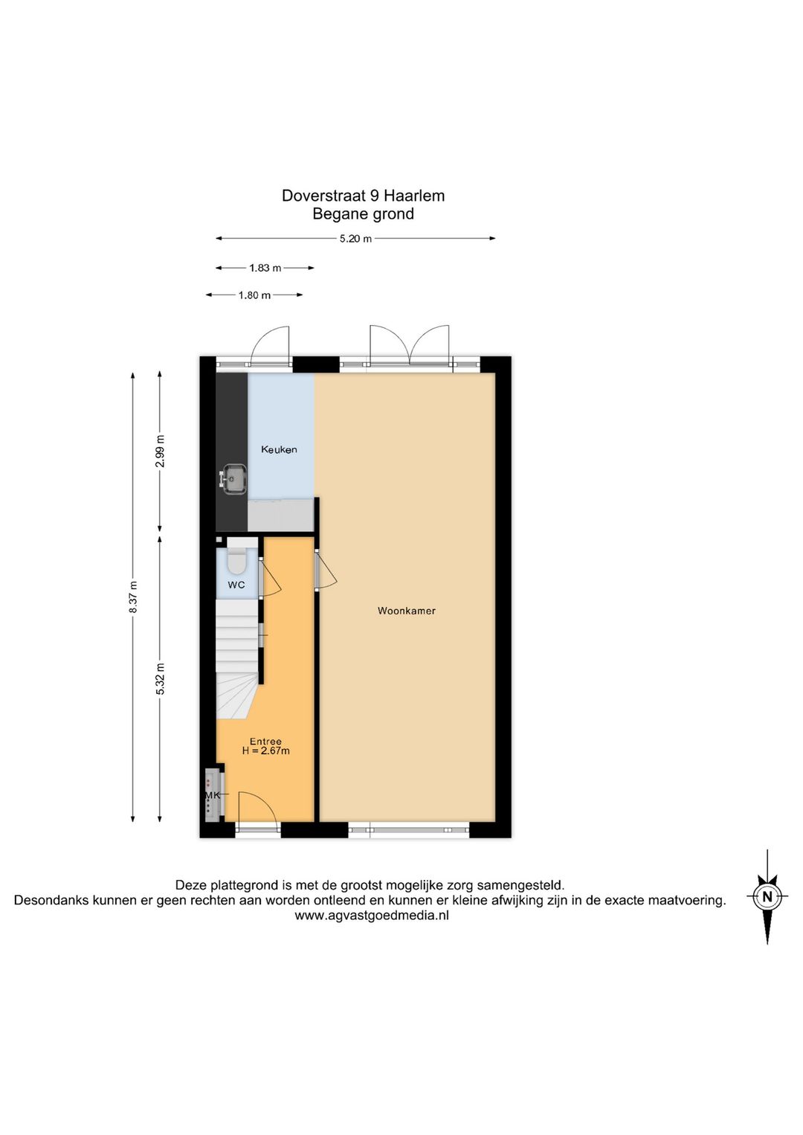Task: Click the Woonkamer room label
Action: coord(406,611)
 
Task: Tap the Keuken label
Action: coord(279,449)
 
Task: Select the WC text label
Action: coord(236,585)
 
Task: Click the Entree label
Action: coord(265,741)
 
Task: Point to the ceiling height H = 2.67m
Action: coord(265,751)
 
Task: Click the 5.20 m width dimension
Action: coord(355,239)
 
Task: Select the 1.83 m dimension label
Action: coord(265,268)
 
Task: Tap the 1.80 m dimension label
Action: coord(254,295)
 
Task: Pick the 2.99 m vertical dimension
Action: coord(160,451)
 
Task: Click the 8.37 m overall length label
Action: coord(133,597)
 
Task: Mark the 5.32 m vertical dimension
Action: coord(160,679)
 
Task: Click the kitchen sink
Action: coord(234,478)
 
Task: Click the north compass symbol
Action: coord(767,896)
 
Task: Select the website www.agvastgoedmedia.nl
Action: coord(372,916)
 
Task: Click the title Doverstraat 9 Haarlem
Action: coord(363,196)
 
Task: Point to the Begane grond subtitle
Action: coord(363,214)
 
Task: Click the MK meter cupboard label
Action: coord(213,795)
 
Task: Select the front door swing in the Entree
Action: coord(257,810)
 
